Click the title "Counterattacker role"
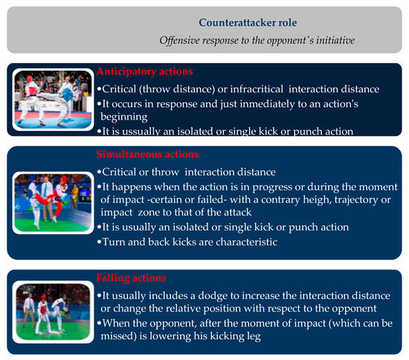(x=248, y=23)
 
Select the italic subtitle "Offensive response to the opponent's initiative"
(x=257, y=40)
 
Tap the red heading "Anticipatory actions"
(x=145, y=71)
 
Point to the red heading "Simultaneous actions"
(x=147, y=154)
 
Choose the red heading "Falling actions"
(x=131, y=278)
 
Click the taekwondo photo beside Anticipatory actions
(x=53, y=100)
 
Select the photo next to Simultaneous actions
(x=53, y=203)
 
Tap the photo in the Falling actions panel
(x=53, y=312)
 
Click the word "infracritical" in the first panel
(x=257, y=89)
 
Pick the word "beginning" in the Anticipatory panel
(x=124, y=117)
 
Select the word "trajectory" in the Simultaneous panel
(x=356, y=200)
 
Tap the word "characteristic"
(x=246, y=242)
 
